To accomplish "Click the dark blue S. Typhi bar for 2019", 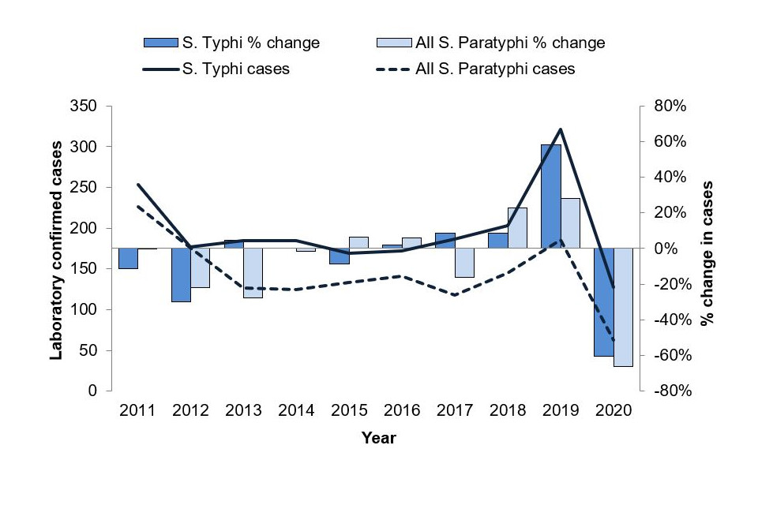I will pyautogui.click(x=550, y=196).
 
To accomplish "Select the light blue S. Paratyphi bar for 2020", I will pyautogui.click(x=623, y=307).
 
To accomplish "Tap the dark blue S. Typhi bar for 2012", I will pyautogui.click(x=181, y=275).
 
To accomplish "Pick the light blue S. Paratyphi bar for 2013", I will pyautogui.click(x=253, y=273).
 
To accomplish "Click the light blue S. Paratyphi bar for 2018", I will pyautogui.click(x=517, y=228).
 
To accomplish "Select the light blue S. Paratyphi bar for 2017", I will pyautogui.click(x=464, y=263).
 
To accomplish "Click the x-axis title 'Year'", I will pyautogui.click(x=378, y=438).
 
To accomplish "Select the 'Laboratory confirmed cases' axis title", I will pyautogui.click(x=57, y=249).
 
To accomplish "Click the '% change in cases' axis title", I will pyautogui.click(x=708, y=252).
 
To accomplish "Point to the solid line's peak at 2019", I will pyautogui.click(x=560, y=129).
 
